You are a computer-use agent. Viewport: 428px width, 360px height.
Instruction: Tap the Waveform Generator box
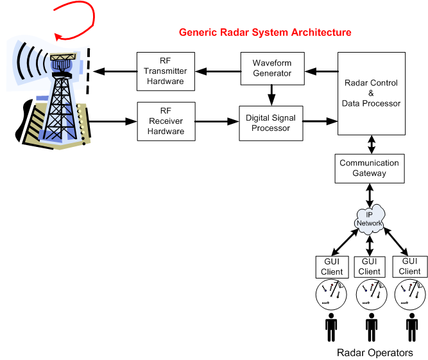click(x=272, y=69)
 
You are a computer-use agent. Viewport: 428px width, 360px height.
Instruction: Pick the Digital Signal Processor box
click(x=272, y=123)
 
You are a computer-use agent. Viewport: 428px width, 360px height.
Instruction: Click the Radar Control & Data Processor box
click(x=372, y=94)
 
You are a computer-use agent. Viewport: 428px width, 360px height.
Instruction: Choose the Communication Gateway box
click(x=369, y=168)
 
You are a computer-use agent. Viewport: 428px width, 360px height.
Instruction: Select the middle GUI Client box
click(x=370, y=266)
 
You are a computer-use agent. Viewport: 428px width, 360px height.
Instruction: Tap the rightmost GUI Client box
click(x=410, y=266)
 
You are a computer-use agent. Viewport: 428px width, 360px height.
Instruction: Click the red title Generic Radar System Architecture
click(x=265, y=32)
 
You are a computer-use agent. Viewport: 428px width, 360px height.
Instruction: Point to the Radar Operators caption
click(x=374, y=352)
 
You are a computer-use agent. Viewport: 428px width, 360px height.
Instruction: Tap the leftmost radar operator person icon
click(x=331, y=327)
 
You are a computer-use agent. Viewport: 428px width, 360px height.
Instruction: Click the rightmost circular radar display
click(x=410, y=294)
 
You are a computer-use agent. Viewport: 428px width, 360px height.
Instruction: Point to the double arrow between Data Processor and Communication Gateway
click(x=371, y=144)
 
